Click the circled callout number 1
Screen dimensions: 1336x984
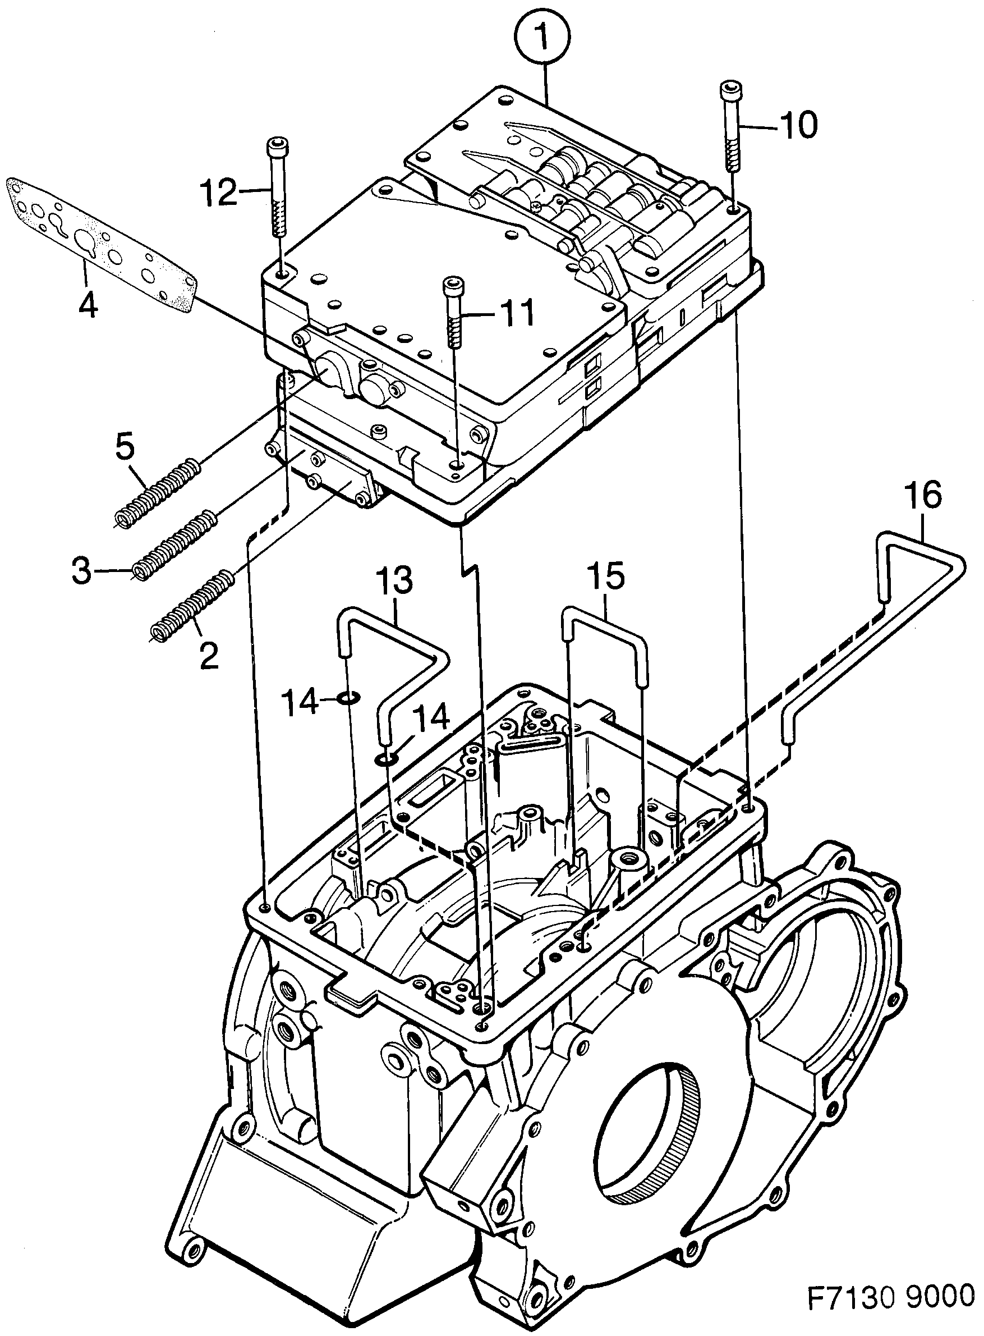point(542,36)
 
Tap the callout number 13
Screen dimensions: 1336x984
point(395,580)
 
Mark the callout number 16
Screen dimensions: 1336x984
point(923,496)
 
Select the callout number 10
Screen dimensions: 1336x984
point(798,125)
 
